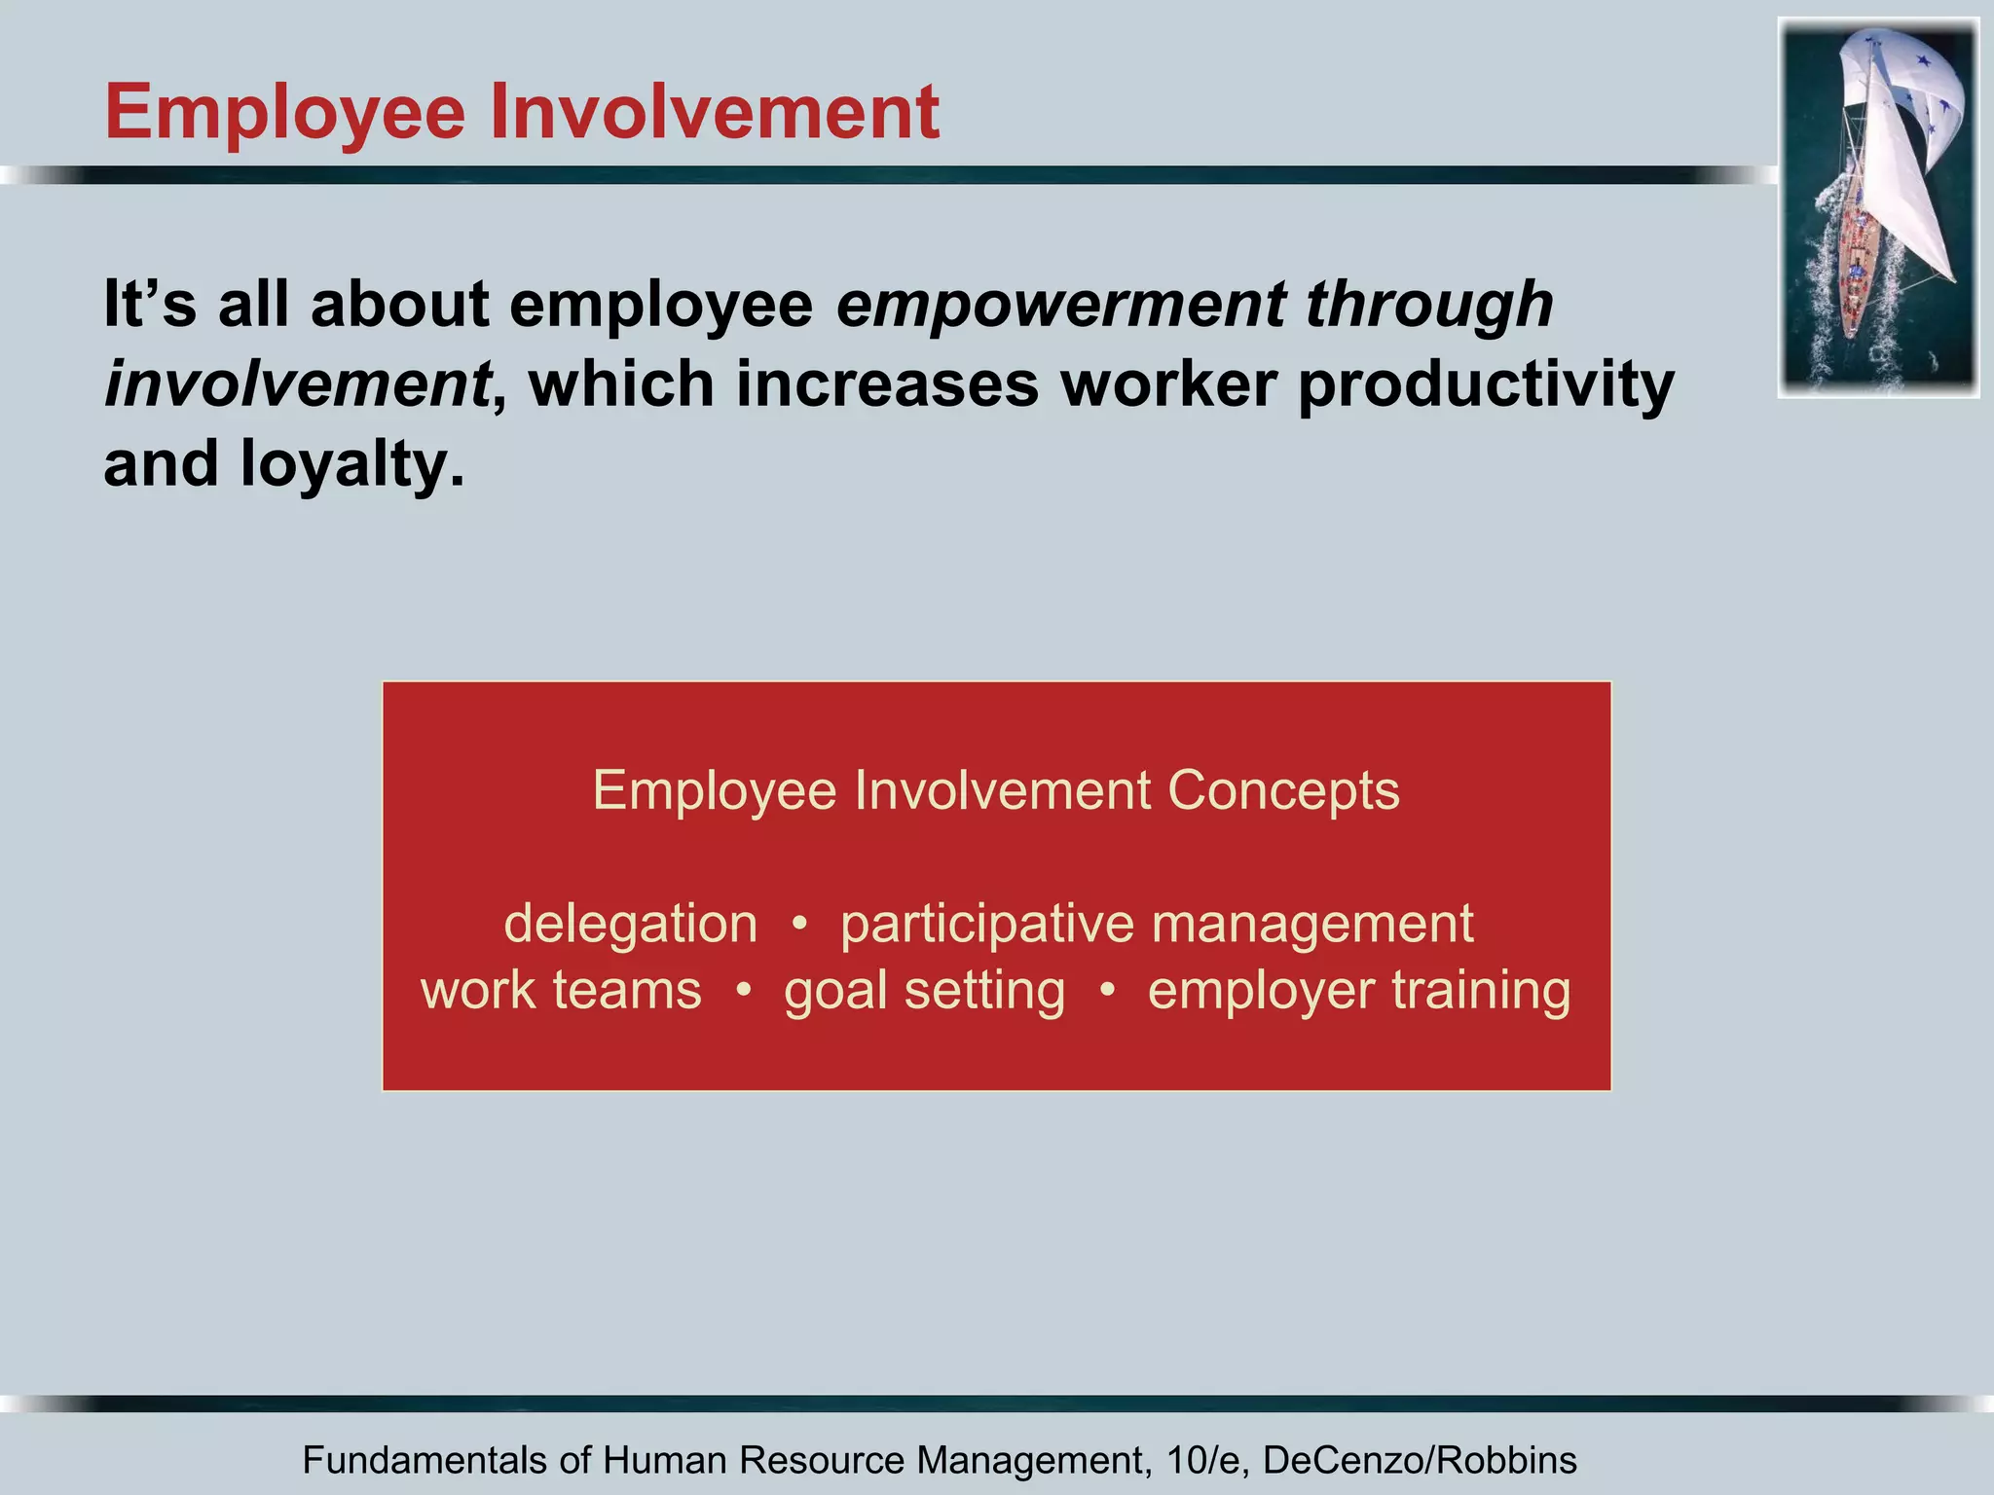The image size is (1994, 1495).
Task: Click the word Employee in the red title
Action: tap(285, 115)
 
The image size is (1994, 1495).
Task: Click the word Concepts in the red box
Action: tap(1283, 790)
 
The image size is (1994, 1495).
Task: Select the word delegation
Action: tap(630, 924)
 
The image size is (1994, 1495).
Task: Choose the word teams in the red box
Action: tap(627, 991)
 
